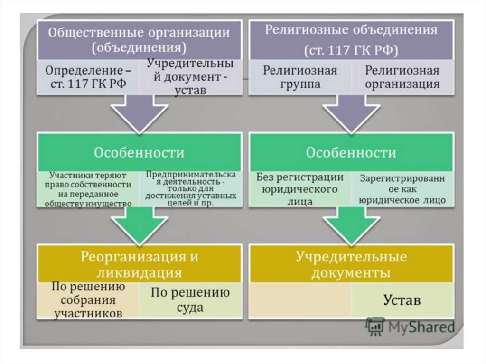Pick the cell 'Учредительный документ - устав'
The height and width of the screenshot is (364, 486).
[190, 76]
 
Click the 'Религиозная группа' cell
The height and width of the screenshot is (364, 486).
[300, 77]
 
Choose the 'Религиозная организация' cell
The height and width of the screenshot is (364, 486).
[402, 77]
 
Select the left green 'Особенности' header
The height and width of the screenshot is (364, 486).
[139, 152]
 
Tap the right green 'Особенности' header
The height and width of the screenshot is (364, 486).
[351, 152]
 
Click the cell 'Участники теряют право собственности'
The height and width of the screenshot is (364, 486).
[88, 189]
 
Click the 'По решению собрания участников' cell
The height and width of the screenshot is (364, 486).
[88, 300]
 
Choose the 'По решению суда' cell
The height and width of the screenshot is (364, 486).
[190, 300]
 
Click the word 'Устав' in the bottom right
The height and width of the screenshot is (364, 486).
[402, 300]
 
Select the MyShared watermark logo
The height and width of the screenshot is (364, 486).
[410, 327]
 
